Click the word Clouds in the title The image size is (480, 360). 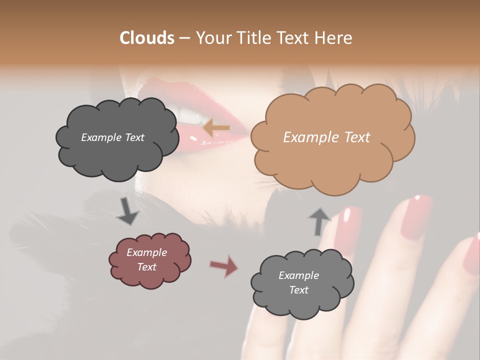(x=147, y=38)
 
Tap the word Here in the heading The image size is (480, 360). (x=334, y=38)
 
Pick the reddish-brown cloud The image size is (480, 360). (x=149, y=260)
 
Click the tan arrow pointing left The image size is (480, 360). (x=216, y=128)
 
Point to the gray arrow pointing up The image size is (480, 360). (x=319, y=221)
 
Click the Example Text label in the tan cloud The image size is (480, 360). (x=326, y=137)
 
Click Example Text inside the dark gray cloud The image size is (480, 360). (x=112, y=137)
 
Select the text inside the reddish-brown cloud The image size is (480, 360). (x=146, y=259)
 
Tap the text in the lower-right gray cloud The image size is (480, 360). (x=298, y=282)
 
